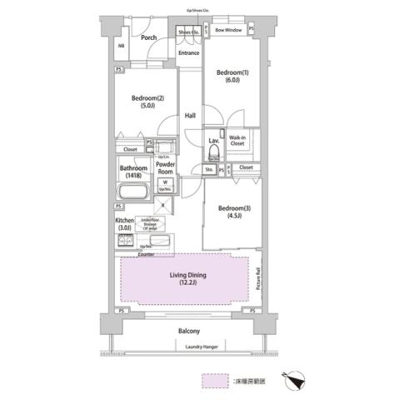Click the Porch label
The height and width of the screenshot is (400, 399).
pyautogui.click(x=149, y=37)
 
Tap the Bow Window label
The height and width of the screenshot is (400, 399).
pyautogui.click(x=227, y=30)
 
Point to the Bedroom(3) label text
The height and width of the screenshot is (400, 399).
pyautogui.click(x=228, y=212)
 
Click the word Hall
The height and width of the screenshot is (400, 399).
pyautogui.click(x=190, y=115)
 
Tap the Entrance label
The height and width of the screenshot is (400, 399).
pyautogui.click(x=190, y=53)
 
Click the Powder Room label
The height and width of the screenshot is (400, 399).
pyautogui.click(x=165, y=167)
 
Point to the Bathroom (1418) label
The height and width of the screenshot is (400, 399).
pyautogui.click(x=132, y=171)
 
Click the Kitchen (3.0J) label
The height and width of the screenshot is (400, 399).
pyautogui.click(x=124, y=225)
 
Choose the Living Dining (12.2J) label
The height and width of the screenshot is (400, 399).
pyautogui.click(x=188, y=279)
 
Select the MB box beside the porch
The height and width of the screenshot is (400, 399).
pyautogui.click(x=121, y=46)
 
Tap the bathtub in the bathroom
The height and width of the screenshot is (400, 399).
pyautogui.click(x=132, y=192)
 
